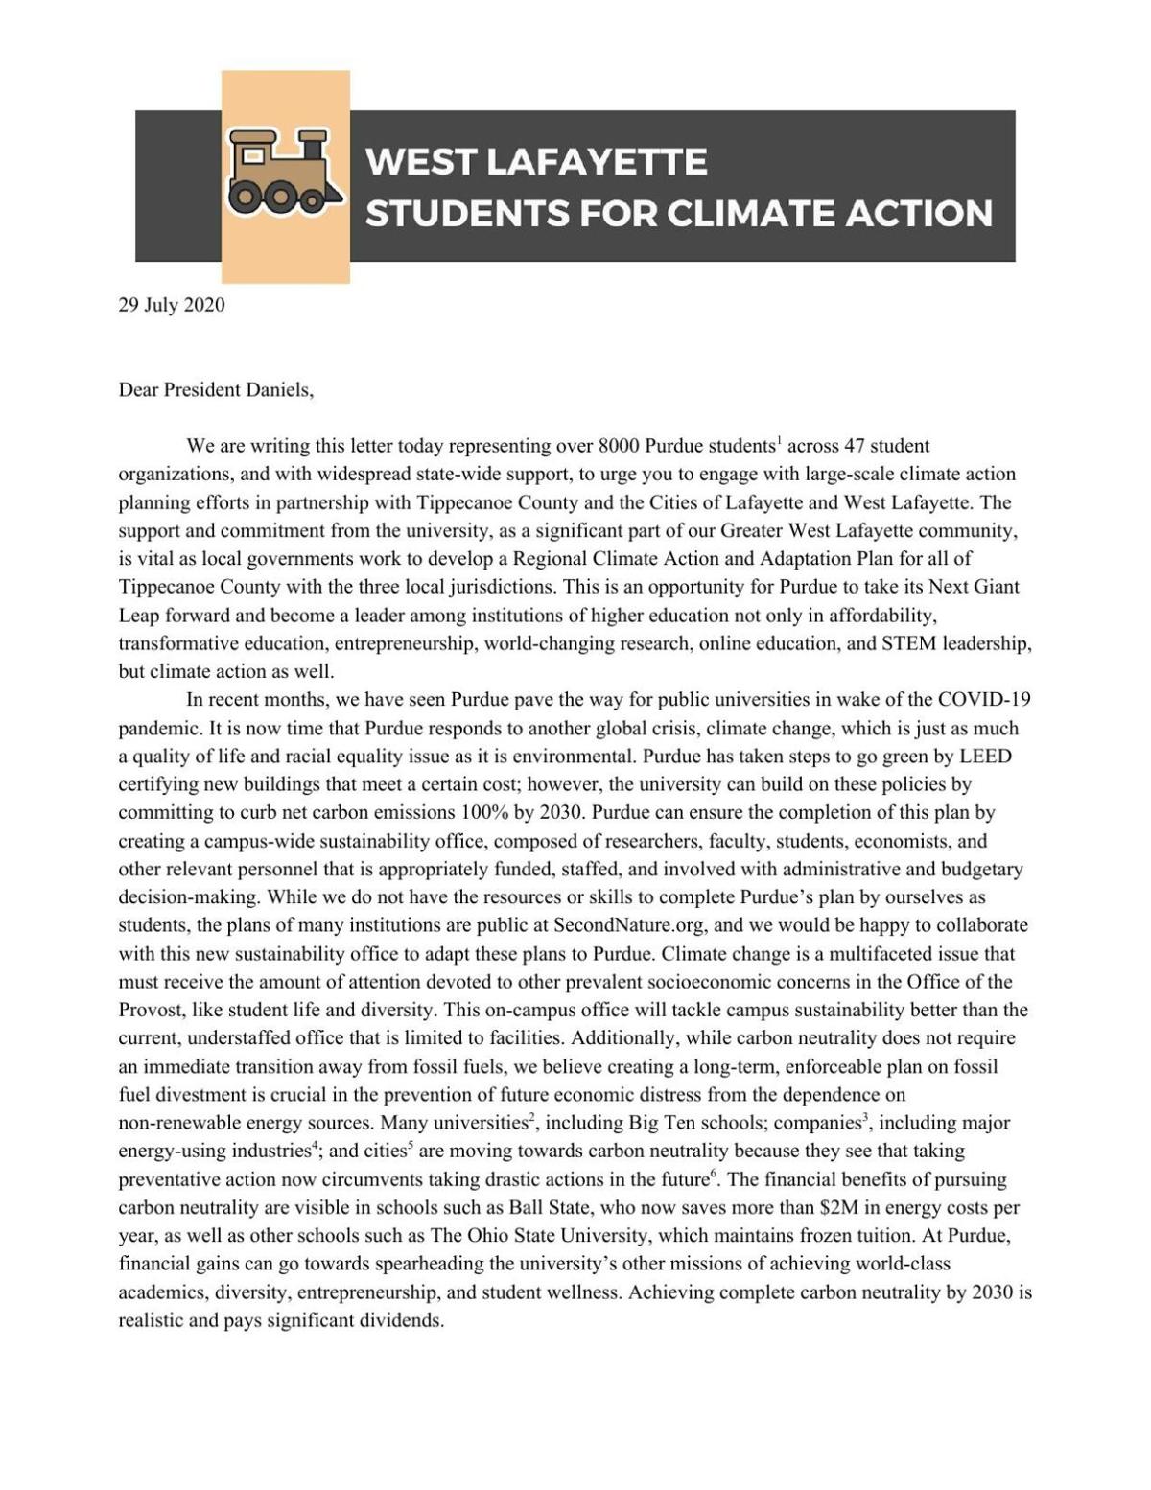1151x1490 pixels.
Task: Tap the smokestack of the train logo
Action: point(310,145)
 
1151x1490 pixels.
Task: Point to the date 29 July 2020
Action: point(172,306)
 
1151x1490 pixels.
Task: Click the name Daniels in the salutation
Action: point(280,390)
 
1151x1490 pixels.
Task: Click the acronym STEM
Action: point(889,643)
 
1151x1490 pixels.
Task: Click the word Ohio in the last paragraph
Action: point(462,1236)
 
